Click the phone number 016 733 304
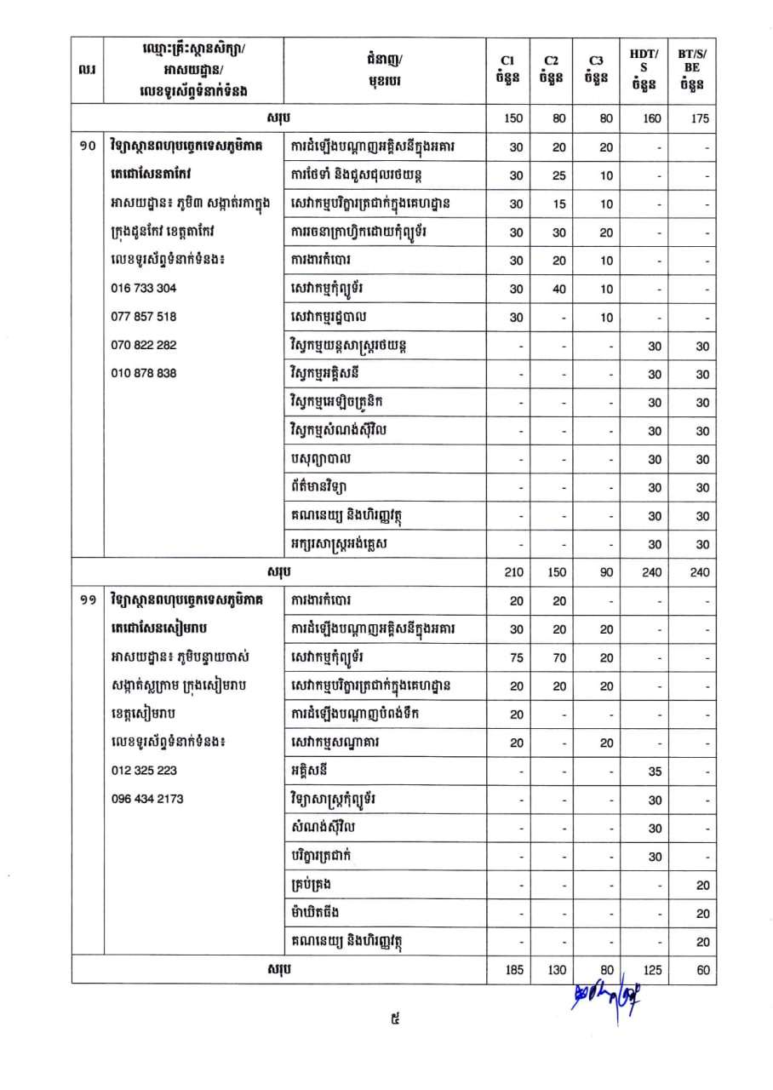[x=144, y=288]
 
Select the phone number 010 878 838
[x=144, y=373]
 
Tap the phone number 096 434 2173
[x=147, y=799]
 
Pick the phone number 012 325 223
[x=144, y=770]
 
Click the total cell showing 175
[x=700, y=118]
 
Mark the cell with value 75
[x=516, y=658]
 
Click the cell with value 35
[x=654, y=772]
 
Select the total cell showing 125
[x=651, y=970]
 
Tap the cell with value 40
[x=558, y=289]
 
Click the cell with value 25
[x=558, y=175]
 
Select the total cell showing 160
[x=651, y=118]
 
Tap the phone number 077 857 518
[x=144, y=316]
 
